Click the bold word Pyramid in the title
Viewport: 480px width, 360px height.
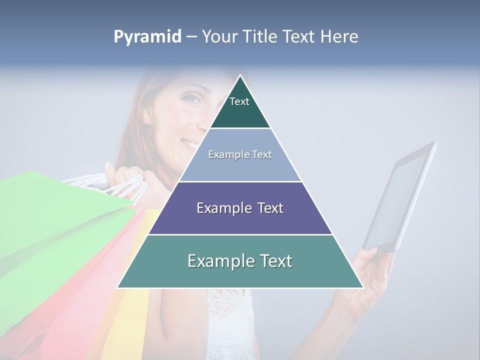(147, 37)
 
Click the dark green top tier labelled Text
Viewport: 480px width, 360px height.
(240, 107)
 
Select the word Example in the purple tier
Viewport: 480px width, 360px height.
(223, 208)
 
